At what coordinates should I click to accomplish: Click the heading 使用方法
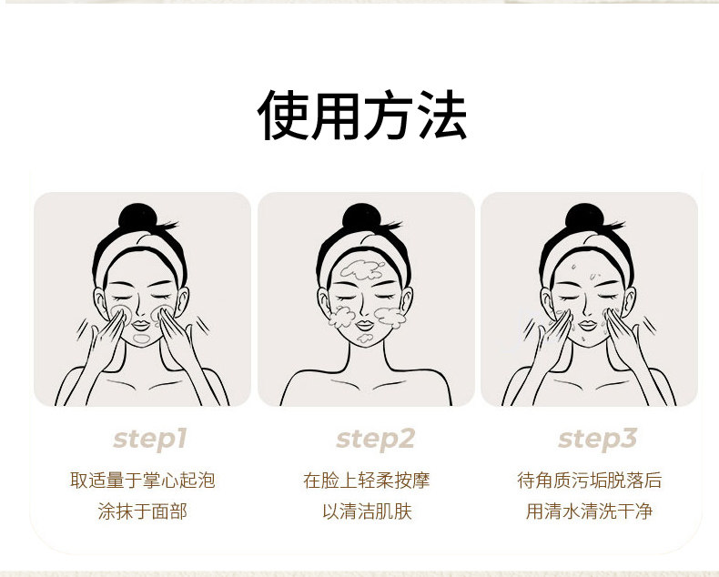(362, 115)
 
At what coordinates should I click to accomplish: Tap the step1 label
(150, 440)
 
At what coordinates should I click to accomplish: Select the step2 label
(375, 440)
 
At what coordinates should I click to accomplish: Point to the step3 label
(597, 440)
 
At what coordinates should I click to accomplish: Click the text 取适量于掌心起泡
(143, 481)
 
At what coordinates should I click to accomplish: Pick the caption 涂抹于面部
(143, 511)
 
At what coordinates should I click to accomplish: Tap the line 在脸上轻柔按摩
(367, 481)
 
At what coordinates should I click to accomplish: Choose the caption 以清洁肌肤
(367, 511)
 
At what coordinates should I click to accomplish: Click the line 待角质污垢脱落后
(589, 481)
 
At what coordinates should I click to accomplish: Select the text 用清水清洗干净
(589, 511)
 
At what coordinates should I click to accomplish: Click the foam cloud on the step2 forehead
(362, 270)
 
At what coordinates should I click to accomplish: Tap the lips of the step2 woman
(365, 326)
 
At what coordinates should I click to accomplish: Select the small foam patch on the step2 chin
(366, 339)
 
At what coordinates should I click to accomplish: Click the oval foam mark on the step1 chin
(142, 339)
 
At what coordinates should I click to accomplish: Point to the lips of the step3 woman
(588, 326)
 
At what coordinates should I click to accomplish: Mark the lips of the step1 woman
(142, 326)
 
